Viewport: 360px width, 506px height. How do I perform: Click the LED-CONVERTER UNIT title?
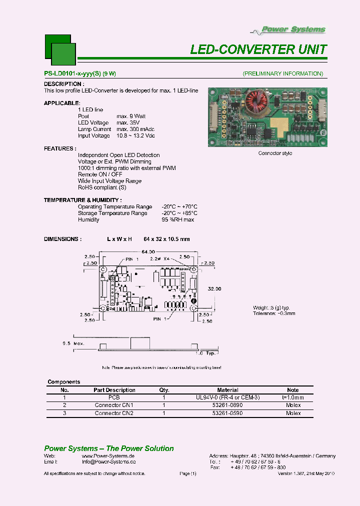(258, 49)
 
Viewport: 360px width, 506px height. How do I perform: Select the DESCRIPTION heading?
(64, 84)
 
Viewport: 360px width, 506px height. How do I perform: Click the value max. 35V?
(128, 122)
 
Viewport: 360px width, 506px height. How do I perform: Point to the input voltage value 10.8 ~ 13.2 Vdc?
(135, 135)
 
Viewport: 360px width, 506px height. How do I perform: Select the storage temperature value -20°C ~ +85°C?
(179, 213)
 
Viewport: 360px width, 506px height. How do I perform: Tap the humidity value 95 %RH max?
(177, 219)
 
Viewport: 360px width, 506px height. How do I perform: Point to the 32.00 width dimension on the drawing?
(214, 288)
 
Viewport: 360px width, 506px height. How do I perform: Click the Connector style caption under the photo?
(275, 153)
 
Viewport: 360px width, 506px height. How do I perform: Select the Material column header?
(228, 390)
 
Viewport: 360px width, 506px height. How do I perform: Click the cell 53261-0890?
(228, 405)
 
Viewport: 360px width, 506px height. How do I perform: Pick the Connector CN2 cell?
(114, 413)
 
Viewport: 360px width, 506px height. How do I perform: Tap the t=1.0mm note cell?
(293, 397)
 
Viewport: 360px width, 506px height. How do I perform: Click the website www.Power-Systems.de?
(108, 456)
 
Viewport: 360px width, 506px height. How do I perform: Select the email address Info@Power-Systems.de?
(108, 462)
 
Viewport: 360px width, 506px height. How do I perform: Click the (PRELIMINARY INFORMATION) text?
(282, 73)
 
